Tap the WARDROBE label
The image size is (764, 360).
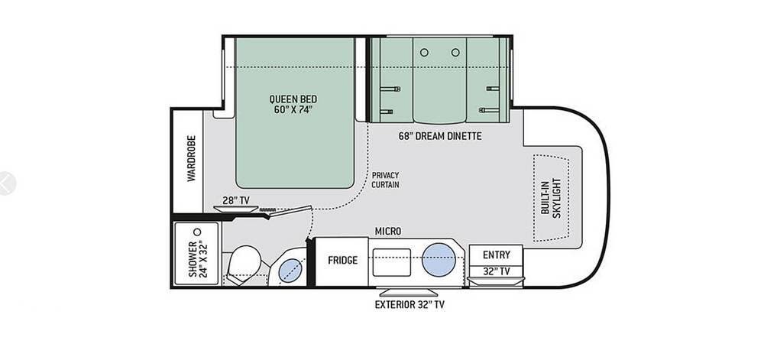[191, 158]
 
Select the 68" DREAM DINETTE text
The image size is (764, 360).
[440, 136]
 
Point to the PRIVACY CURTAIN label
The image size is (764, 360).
[385, 180]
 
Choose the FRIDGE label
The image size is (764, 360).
[342, 260]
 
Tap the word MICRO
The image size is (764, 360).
[388, 232]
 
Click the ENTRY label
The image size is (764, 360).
[497, 255]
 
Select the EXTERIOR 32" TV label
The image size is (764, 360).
[410, 305]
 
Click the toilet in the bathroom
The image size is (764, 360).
[244, 265]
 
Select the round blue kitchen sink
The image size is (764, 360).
[439, 260]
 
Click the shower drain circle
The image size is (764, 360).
[197, 232]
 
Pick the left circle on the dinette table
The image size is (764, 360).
[424, 52]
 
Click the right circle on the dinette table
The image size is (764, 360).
[455, 52]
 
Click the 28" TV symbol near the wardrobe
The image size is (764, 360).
[235, 209]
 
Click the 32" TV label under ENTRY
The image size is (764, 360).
[497, 271]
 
